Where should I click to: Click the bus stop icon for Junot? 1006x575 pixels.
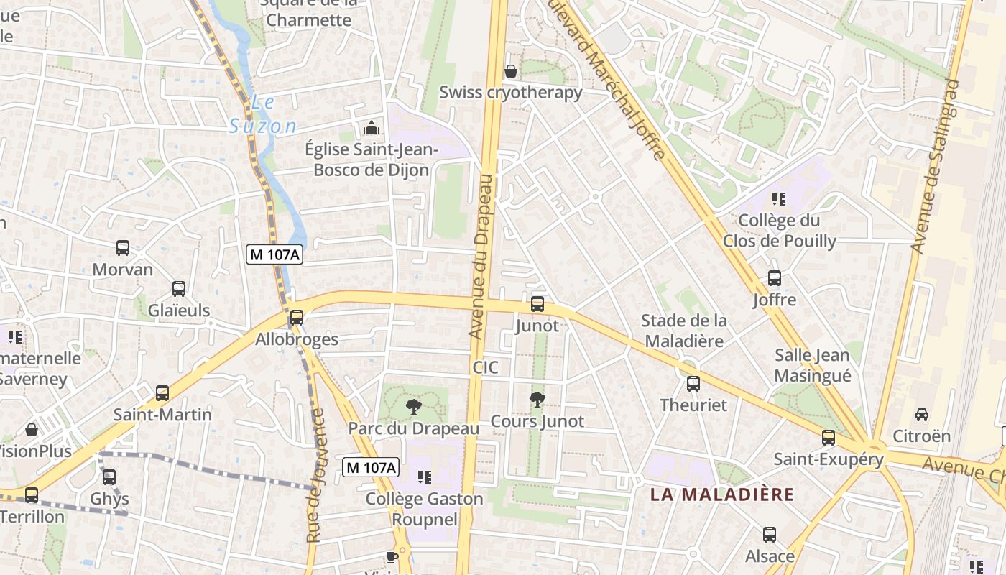537,304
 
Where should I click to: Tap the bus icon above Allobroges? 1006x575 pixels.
296,317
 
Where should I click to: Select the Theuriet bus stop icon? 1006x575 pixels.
693,384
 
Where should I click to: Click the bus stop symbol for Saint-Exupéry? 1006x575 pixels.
829,438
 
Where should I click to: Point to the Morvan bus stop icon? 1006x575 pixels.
123,248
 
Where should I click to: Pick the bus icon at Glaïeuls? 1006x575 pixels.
179,289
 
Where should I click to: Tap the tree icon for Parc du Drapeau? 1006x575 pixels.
413,407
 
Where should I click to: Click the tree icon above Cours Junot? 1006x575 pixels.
537,400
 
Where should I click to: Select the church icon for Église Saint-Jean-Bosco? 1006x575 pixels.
372,129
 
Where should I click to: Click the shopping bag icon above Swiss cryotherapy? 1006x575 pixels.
511,71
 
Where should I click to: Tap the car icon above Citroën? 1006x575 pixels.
921,415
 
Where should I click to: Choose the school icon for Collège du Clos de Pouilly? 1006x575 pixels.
779,198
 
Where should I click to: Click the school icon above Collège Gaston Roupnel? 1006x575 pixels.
425,477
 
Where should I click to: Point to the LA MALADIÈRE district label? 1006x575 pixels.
722,494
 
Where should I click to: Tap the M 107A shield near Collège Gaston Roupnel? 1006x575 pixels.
370,467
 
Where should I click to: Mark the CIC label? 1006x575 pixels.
485,367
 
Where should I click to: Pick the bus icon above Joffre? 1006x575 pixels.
775,278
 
